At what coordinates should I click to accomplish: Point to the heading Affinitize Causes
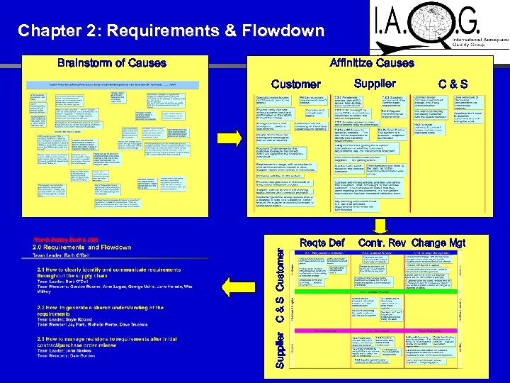click(372, 62)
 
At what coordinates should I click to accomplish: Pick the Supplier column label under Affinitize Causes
click(375, 84)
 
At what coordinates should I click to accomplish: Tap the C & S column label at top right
click(453, 84)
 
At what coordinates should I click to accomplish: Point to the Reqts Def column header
click(322, 243)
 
